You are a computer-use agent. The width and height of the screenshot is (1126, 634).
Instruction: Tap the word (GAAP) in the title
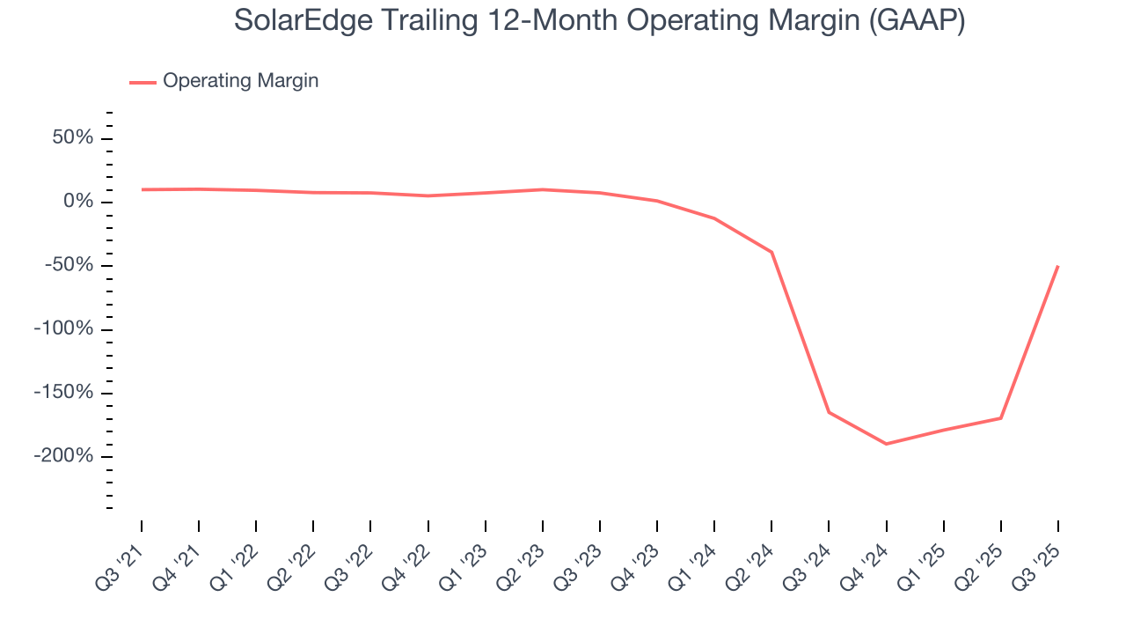click(x=916, y=21)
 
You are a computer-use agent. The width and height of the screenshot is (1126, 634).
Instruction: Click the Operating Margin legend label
click(x=240, y=81)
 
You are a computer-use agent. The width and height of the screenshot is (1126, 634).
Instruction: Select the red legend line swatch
click(x=143, y=82)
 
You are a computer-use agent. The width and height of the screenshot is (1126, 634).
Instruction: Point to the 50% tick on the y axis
click(x=71, y=138)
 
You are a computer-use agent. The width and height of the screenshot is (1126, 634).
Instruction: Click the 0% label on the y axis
click(x=77, y=202)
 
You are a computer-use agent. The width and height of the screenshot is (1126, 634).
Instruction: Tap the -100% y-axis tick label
click(x=62, y=329)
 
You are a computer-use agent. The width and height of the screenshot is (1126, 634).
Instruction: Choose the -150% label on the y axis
click(x=62, y=393)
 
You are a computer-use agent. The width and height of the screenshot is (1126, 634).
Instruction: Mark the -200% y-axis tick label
click(x=62, y=456)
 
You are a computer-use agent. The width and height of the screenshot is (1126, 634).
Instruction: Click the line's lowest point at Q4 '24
click(x=886, y=444)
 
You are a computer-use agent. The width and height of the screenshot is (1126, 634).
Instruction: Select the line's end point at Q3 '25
click(x=1057, y=266)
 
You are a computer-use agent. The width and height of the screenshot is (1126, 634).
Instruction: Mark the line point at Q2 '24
click(x=771, y=252)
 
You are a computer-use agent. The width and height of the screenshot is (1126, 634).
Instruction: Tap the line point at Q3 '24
click(x=829, y=412)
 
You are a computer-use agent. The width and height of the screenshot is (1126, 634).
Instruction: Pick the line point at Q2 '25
click(x=1000, y=418)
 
